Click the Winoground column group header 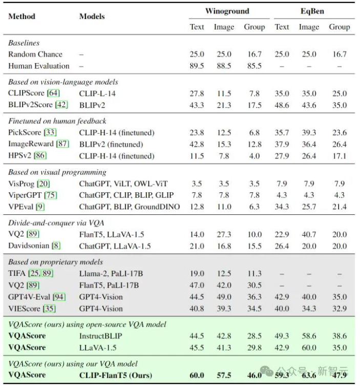tap(227, 11)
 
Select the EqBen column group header tap(312, 11)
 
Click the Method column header tap(22, 16)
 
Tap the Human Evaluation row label tap(38, 66)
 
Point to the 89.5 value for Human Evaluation tap(197, 66)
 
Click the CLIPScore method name tap(26, 93)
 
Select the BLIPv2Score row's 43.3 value tap(197, 105)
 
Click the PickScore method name tap(24, 132)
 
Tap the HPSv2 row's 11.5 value tap(197, 156)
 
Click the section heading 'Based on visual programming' tap(57, 172)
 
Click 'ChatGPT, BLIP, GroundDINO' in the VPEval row tap(130, 207)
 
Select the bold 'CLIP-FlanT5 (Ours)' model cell tap(116, 375)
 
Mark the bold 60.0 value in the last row tap(197, 375)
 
